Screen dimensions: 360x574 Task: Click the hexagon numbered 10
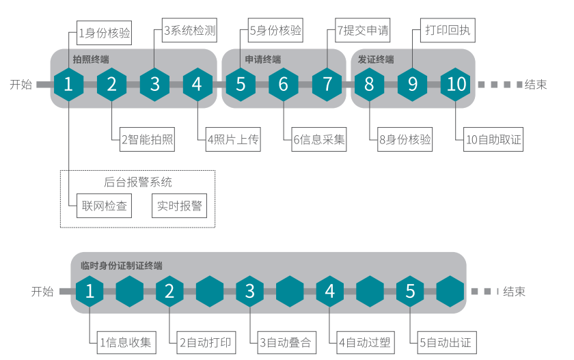pyautogui.click(x=456, y=84)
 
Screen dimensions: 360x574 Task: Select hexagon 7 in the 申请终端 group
pyautogui.click(x=327, y=84)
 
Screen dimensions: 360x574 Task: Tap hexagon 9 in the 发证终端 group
pyautogui.click(x=413, y=84)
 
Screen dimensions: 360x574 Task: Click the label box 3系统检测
pyautogui.click(x=190, y=31)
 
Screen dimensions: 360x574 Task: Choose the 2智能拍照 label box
pyautogui.click(x=148, y=140)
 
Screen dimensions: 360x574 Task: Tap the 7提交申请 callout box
pyautogui.click(x=363, y=31)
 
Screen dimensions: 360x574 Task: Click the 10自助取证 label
pyautogui.click(x=493, y=140)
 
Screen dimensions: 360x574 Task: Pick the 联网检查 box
pyautogui.click(x=105, y=206)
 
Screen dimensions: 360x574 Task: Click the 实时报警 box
pyautogui.click(x=180, y=206)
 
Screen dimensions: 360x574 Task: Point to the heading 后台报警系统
pyautogui.click(x=138, y=182)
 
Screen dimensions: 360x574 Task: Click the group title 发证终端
pyautogui.click(x=376, y=59)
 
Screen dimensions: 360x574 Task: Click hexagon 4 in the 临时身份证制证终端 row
pyautogui.click(x=330, y=291)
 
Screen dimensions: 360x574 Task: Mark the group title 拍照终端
pyautogui.click(x=91, y=59)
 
